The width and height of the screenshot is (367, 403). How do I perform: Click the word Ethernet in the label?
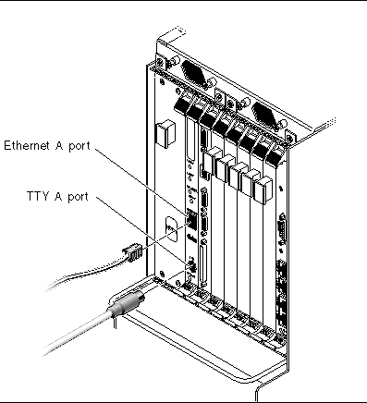click(28, 145)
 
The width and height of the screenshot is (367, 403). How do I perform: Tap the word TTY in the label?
click(38, 196)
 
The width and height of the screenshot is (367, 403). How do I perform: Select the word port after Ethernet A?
click(80, 146)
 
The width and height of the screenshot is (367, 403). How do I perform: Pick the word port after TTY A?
click(78, 197)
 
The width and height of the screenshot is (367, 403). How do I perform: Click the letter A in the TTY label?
click(58, 196)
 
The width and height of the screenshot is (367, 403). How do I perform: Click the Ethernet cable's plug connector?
click(133, 252)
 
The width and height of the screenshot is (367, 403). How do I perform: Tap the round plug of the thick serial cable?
click(126, 304)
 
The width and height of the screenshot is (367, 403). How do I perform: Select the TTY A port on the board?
click(191, 265)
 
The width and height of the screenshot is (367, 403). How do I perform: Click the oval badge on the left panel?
click(171, 228)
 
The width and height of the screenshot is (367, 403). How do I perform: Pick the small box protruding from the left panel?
click(166, 134)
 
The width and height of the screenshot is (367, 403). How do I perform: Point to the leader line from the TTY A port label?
click(141, 230)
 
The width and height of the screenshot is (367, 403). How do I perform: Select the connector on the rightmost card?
click(282, 228)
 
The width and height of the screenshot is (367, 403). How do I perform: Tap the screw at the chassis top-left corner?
click(160, 61)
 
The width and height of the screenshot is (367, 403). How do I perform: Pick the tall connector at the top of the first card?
click(191, 140)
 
